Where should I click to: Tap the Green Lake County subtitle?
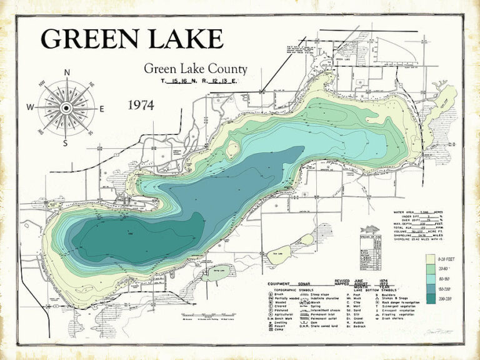point(195,69)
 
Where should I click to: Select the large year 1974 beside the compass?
point(141,105)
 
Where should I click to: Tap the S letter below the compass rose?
point(66,142)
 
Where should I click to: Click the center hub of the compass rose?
point(66,107)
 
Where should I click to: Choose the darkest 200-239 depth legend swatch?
point(430,299)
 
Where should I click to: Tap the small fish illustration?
point(371,229)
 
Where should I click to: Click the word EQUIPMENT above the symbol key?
point(281,283)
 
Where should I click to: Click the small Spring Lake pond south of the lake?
point(213,272)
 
